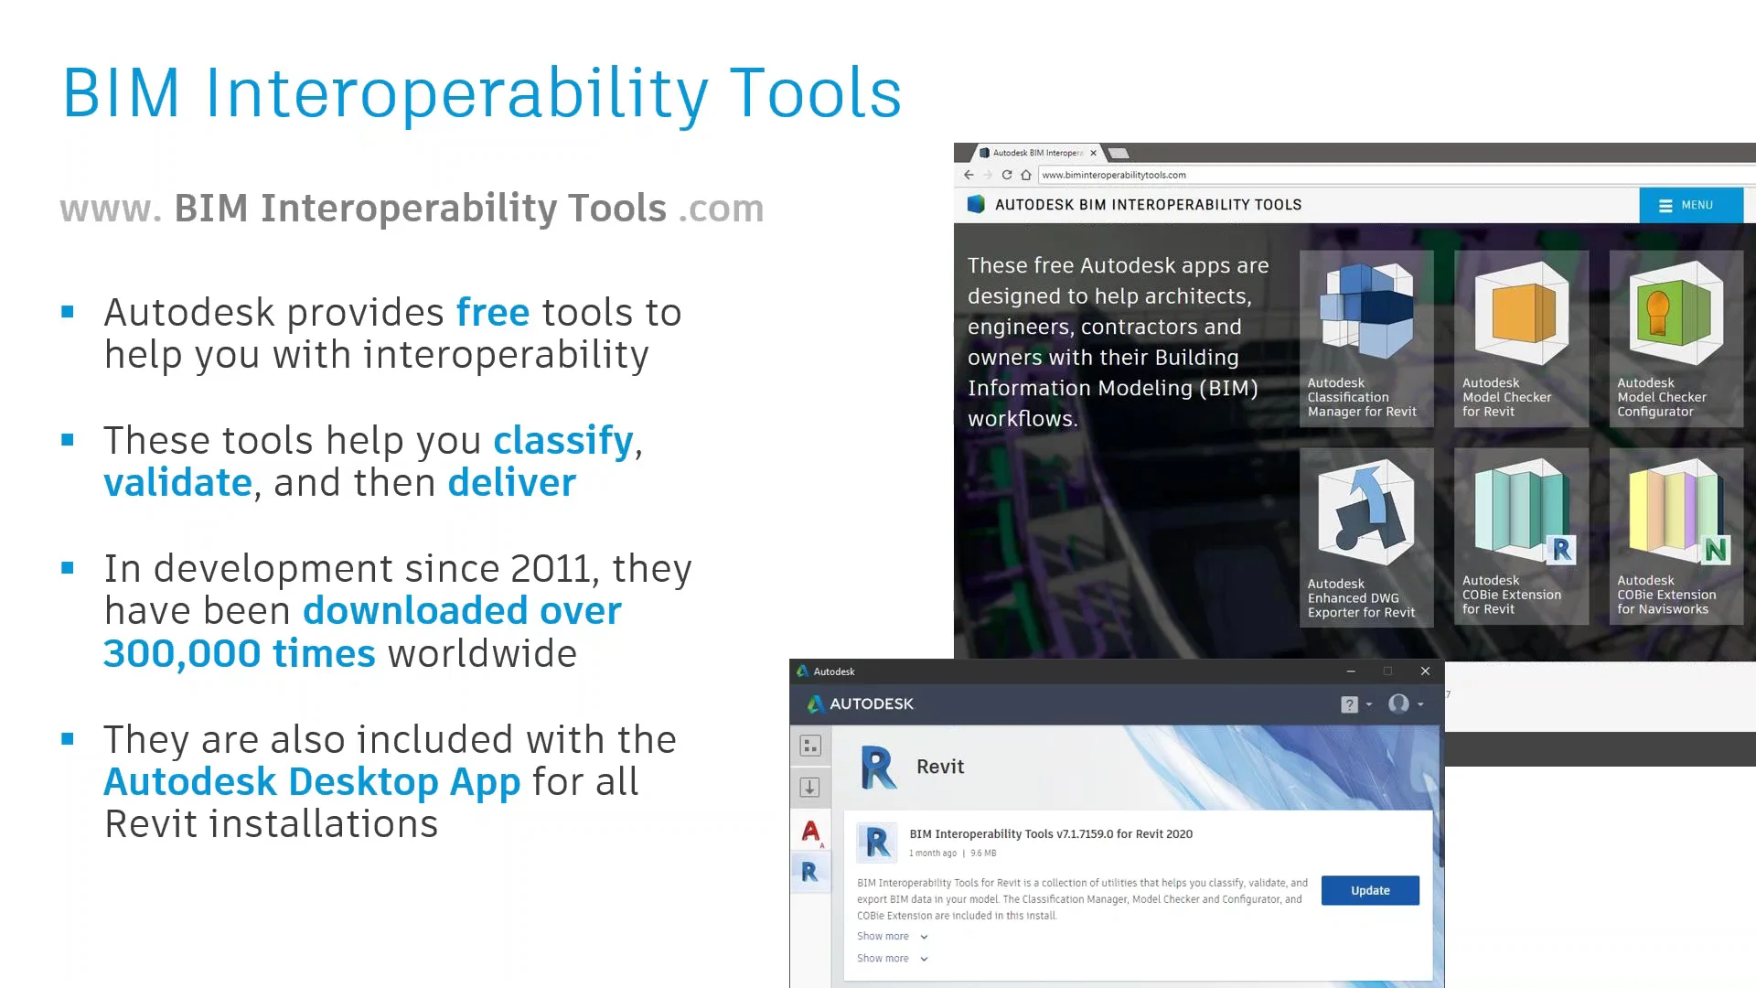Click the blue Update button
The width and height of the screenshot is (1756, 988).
point(1369,890)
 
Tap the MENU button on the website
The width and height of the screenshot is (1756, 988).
point(1690,205)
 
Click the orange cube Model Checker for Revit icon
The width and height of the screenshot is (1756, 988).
point(1522,313)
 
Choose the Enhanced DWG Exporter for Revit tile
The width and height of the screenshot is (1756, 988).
point(1366,537)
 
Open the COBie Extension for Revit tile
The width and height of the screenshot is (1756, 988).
point(1521,537)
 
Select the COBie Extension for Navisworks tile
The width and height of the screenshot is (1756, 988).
point(1676,537)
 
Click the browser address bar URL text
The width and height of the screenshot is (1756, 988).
point(1114,175)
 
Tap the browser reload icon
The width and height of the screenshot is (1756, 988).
point(1007,175)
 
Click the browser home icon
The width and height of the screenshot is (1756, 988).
point(1026,175)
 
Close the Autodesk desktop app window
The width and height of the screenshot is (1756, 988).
point(1425,671)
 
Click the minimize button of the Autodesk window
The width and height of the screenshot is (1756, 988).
point(1351,671)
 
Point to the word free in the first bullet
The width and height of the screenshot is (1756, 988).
point(492,313)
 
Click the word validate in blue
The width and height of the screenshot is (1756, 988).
point(177,483)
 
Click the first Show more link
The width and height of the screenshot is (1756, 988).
point(883,936)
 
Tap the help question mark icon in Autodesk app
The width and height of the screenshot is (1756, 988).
point(1349,704)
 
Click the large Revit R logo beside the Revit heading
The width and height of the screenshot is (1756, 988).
point(878,767)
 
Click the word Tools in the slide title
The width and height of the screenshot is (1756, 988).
point(815,93)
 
